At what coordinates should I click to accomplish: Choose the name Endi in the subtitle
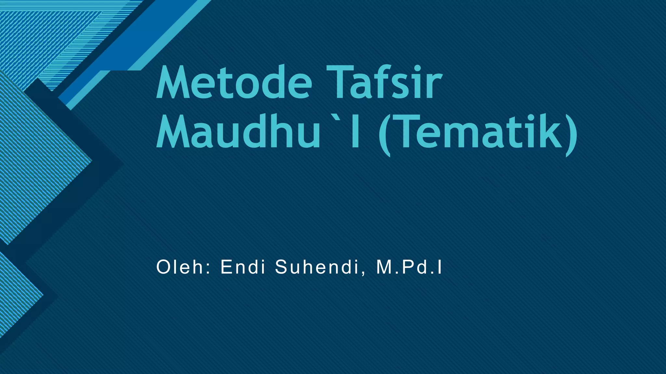pos(243,268)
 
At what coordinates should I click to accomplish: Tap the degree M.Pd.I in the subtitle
pos(409,268)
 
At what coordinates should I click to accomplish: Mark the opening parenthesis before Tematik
pos(385,135)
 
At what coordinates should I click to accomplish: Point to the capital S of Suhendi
pos(281,268)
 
